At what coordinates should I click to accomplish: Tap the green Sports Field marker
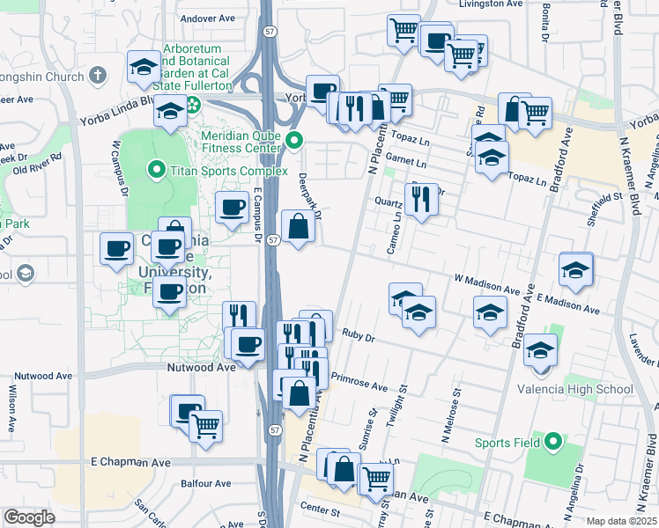click(x=552, y=442)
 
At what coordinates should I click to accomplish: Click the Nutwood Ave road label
click(x=202, y=367)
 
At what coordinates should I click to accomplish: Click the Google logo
click(x=29, y=517)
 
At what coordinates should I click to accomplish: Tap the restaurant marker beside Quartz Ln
click(x=422, y=199)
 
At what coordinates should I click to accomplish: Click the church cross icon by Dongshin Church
click(x=97, y=77)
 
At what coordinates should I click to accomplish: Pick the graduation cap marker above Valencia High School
click(x=540, y=350)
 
